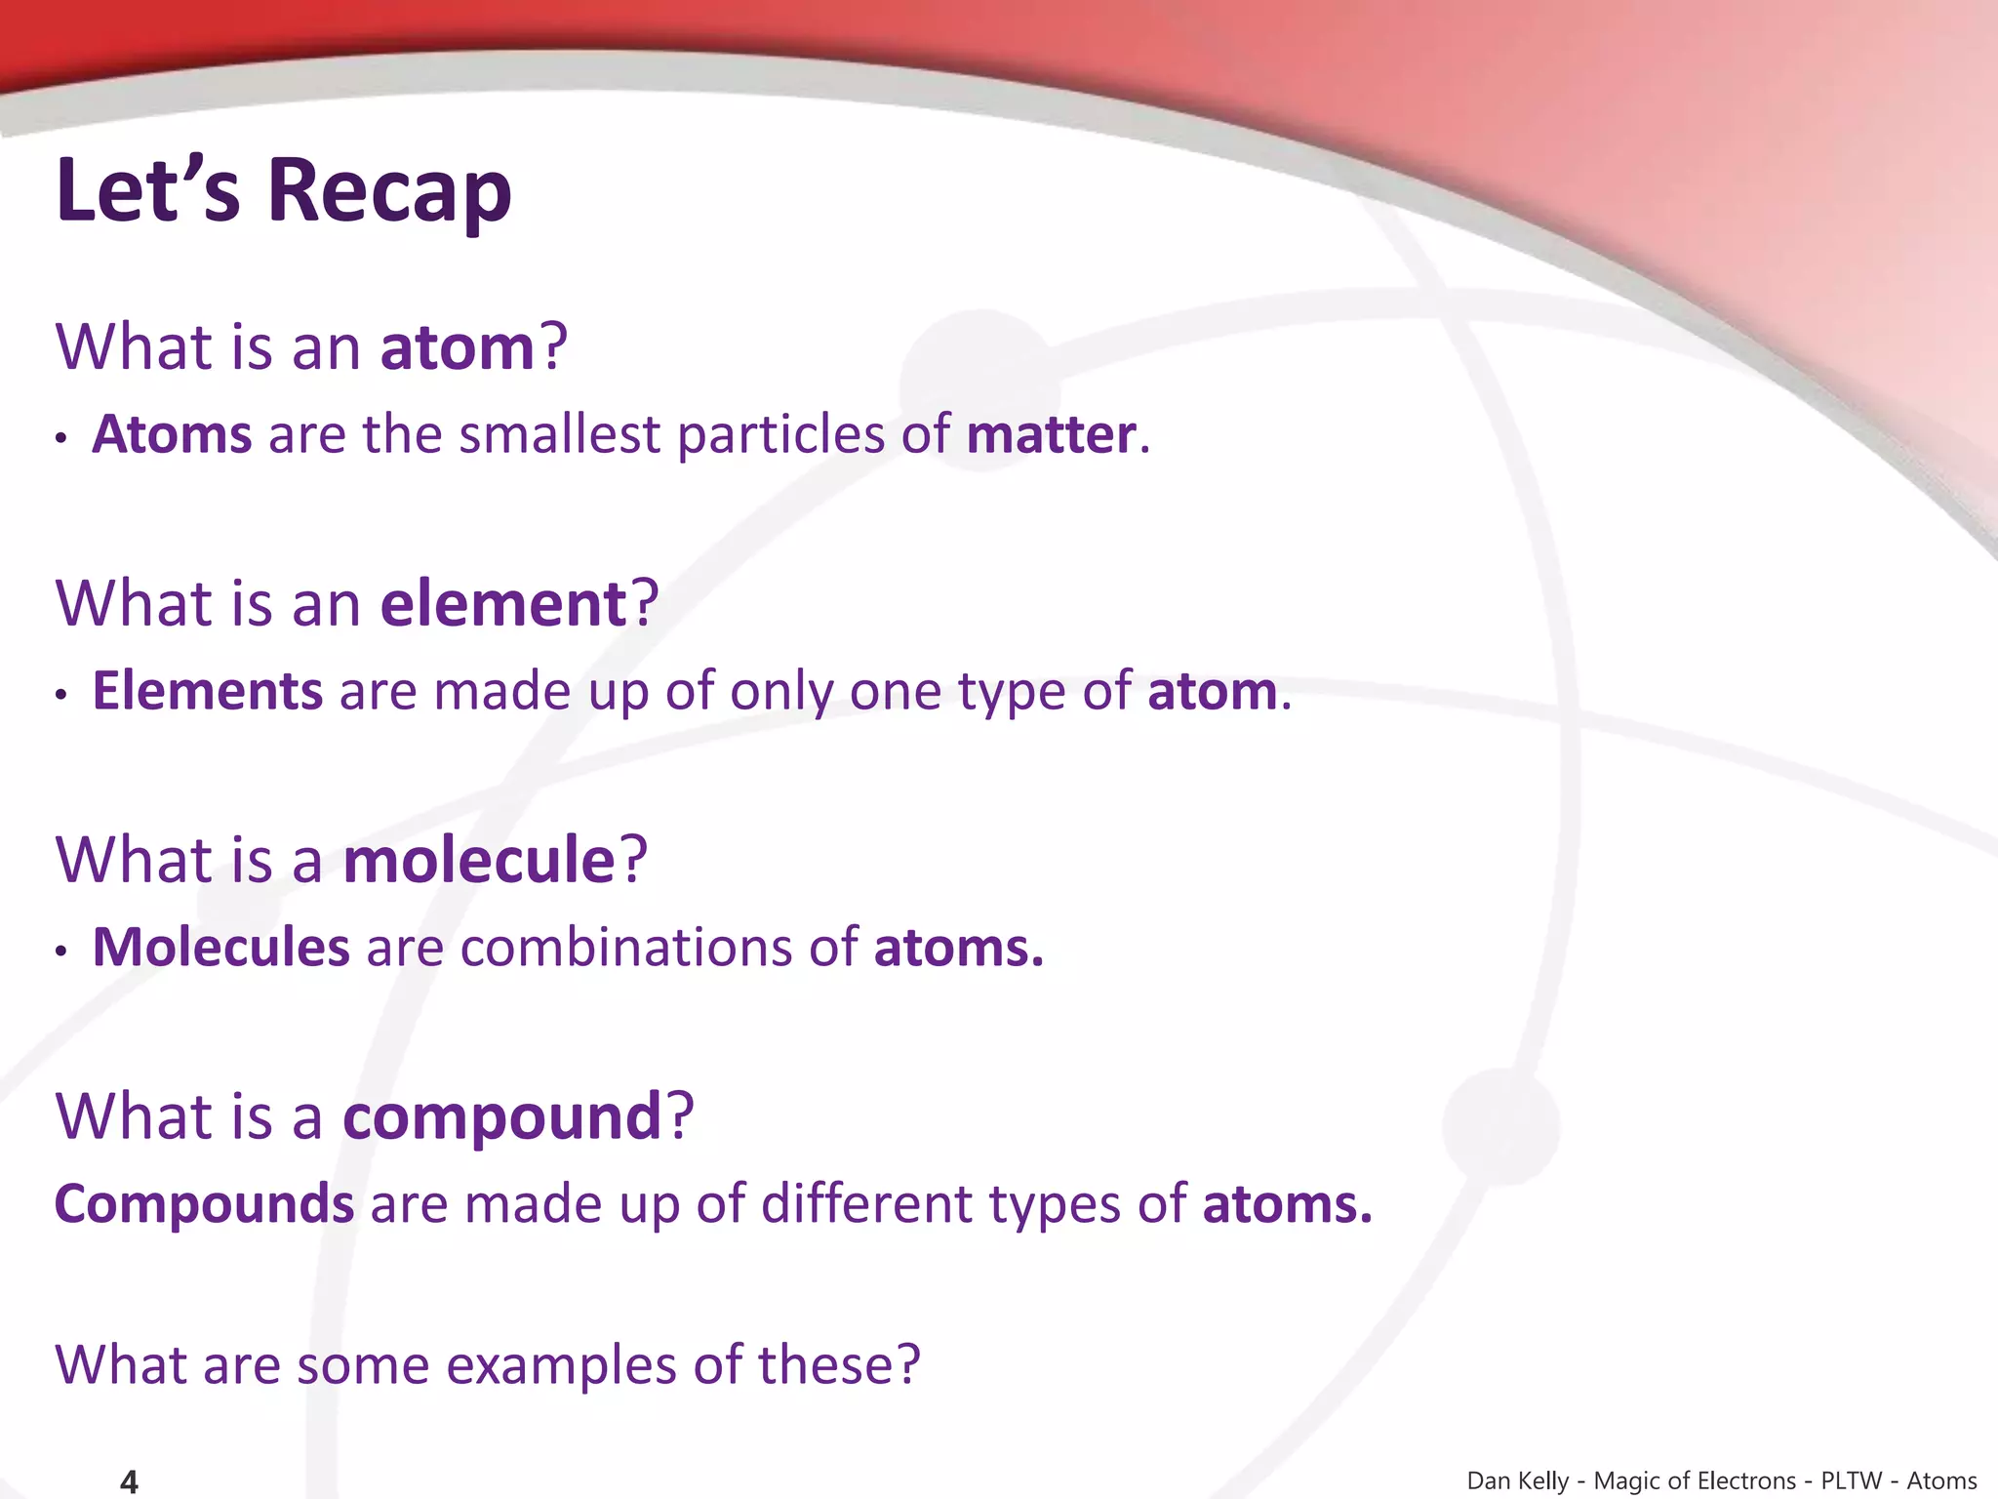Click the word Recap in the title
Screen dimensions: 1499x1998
(x=389, y=190)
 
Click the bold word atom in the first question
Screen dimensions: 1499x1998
(x=458, y=347)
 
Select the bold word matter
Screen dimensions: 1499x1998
(x=1051, y=435)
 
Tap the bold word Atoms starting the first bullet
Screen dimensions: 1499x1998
(x=172, y=435)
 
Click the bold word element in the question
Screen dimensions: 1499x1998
(x=503, y=604)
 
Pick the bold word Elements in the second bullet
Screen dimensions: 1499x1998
(x=207, y=692)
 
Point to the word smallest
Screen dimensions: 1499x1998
(x=560, y=435)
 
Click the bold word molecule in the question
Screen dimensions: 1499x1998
(x=479, y=861)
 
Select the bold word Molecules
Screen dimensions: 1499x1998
(x=220, y=949)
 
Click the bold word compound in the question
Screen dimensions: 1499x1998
(x=502, y=1117)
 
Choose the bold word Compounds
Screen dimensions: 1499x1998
(x=204, y=1204)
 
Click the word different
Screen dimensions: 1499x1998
(x=866, y=1204)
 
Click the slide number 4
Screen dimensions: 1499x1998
(x=129, y=1481)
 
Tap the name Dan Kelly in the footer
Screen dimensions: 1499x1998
(x=1517, y=1481)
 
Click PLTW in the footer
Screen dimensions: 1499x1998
(x=1851, y=1481)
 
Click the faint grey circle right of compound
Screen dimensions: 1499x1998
(x=1500, y=1126)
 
